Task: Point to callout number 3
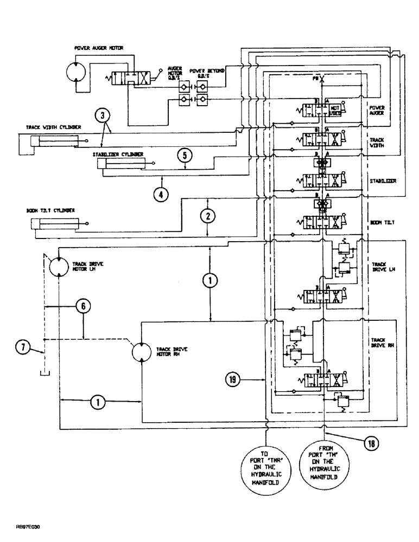coord(104,115)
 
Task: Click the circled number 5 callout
coord(185,155)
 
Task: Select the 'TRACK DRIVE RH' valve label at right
coord(379,344)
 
